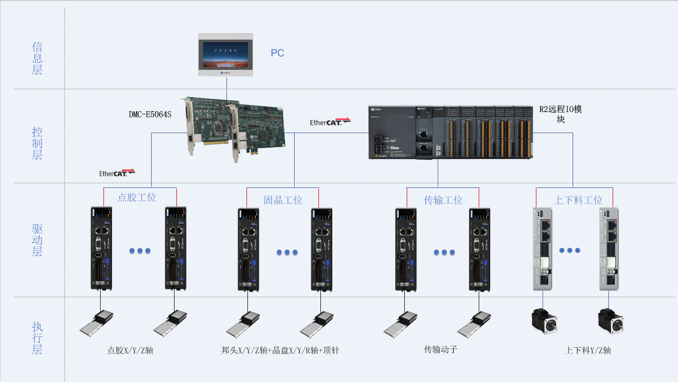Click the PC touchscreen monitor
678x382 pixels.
click(226, 54)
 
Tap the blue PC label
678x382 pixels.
click(277, 53)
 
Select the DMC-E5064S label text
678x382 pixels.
click(150, 114)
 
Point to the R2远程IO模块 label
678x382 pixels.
click(561, 114)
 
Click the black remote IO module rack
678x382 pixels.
click(450, 132)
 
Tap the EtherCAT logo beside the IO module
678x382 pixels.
click(330, 122)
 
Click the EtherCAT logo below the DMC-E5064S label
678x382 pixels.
click(117, 173)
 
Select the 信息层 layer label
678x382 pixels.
click(37, 58)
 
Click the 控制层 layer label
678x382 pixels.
click(37, 143)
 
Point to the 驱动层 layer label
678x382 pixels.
click(37, 240)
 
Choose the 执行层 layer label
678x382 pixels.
click(37, 338)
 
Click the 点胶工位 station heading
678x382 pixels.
click(137, 197)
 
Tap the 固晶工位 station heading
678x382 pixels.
click(283, 200)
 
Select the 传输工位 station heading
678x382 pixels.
click(443, 200)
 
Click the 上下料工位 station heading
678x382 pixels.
click(578, 200)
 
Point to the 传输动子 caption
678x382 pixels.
click(441, 350)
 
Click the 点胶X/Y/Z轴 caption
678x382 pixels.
click(130, 351)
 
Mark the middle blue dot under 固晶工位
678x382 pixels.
click(288, 252)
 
